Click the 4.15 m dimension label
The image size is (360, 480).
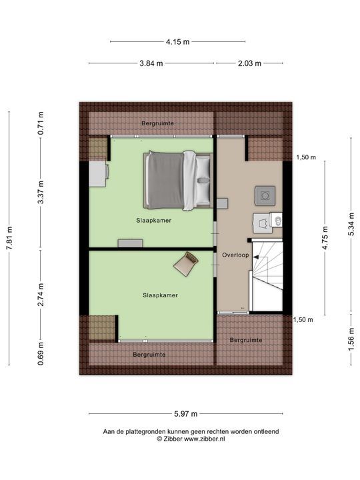178,41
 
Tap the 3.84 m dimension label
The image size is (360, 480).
152,63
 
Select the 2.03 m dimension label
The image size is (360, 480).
249,63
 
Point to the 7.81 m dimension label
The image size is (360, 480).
9,238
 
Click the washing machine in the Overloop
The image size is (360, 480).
265,195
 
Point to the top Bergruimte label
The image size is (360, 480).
157,123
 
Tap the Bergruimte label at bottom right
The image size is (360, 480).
246,340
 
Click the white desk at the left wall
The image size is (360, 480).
98,175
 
